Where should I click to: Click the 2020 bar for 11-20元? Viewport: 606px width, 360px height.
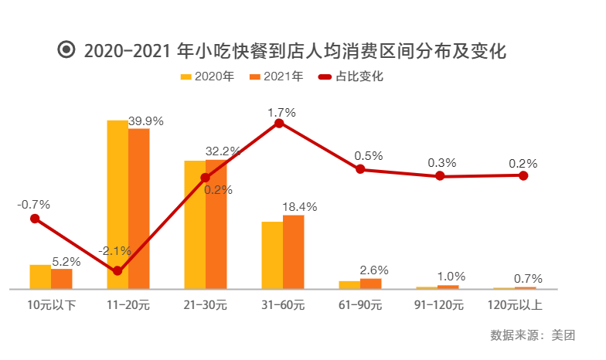tap(117, 205)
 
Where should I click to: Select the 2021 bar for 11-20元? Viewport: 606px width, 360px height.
tap(139, 209)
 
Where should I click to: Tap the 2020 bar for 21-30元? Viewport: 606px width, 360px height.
tap(195, 225)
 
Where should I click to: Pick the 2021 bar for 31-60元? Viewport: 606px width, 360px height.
tap(294, 252)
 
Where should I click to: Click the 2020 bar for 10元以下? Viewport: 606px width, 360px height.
tap(40, 277)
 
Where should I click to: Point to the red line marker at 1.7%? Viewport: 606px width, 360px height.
tap(281, 123)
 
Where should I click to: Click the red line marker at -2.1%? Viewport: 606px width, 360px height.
tap(117, 271)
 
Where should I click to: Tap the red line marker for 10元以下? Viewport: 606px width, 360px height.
tap(34, 219)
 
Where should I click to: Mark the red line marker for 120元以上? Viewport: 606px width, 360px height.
tap(523, 175)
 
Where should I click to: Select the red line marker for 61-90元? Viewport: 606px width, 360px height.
tap(360, 169)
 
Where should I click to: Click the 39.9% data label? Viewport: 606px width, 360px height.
tap(146, 121)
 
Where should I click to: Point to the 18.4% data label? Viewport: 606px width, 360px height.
tap(300, 207)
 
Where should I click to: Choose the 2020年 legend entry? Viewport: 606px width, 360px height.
tap(206, 76)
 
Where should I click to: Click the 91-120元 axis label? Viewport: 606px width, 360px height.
tap(438, 304)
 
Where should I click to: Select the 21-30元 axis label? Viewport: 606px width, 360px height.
tap(206, 304)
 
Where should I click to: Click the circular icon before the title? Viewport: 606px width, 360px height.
tap(66, 51)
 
